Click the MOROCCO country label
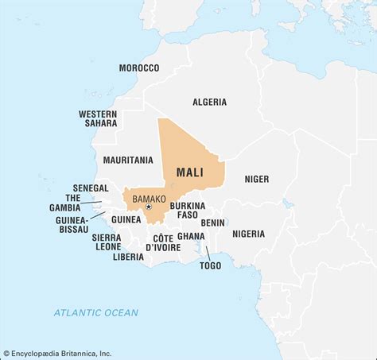click(139, 68)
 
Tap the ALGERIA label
click(209, 102)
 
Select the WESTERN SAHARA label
click(98, 118)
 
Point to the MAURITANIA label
click(128, 160)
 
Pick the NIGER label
click(256, 179)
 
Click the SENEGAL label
click(90, 188)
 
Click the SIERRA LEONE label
click(106, 242)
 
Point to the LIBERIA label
click(128, 257)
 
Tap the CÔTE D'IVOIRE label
click(163, 242)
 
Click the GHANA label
click(190, 236)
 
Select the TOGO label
click(210, 265)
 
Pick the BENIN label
click(212, 223)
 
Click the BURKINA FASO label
click(188, 210)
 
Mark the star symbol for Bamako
click(147, 207)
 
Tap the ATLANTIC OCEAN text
click(95, 312)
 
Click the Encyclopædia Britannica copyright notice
click(56, 353)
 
